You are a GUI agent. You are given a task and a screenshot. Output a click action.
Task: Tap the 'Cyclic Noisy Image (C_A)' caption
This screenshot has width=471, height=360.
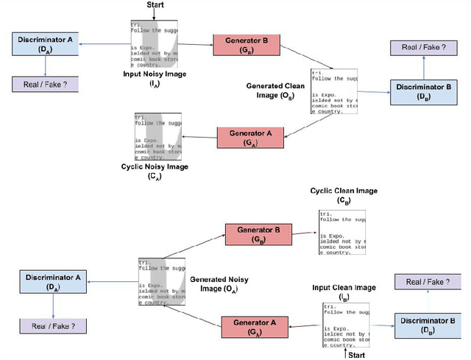tap(154, 171)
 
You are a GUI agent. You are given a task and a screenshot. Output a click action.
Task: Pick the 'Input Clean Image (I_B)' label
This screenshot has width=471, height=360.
tap(345, 292)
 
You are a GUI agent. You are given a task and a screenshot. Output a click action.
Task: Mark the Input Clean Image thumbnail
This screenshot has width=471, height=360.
tap(344, 323)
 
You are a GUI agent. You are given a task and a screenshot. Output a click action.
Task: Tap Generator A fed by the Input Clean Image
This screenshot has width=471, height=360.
tap(255, 326)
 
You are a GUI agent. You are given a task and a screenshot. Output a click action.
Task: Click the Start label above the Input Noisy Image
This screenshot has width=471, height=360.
tap(155, 5)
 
